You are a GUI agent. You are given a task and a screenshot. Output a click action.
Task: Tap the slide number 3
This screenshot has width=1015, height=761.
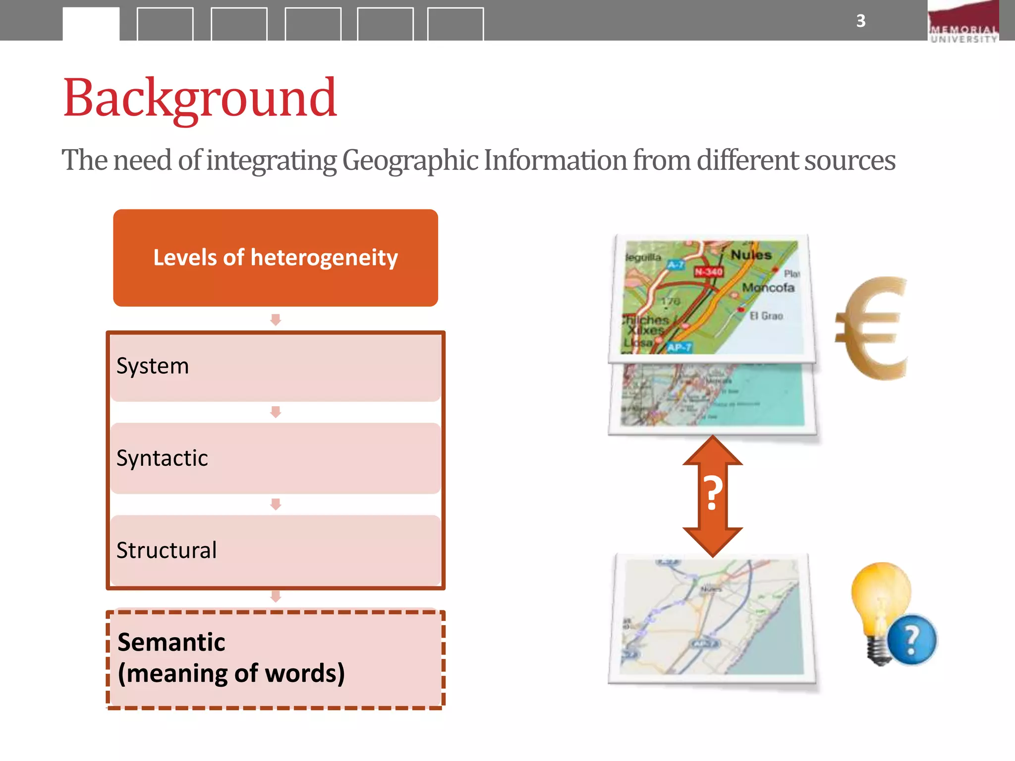pyautogui.click(x=861, y=21)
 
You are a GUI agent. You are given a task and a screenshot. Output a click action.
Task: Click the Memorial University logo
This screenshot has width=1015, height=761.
pyautogui.click(x=963, y=22)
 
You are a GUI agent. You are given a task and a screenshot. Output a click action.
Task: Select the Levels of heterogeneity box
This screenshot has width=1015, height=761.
pyautogui.click(x=276, y=258)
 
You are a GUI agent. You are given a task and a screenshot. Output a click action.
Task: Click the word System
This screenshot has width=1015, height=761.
pyautogui.click(x=153, y=366)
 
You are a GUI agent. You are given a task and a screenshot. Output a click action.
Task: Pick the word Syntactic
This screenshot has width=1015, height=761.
pyautogui.click(x=162, y=458)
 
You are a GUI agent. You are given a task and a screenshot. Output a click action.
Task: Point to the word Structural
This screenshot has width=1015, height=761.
pyautogui.click(x=167, y=550)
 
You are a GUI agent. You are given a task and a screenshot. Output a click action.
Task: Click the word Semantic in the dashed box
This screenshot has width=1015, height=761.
pyautogui.click(x=171, y=642)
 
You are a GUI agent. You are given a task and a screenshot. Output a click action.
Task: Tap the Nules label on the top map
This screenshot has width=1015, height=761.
pyautogui.click(x=751, y=255)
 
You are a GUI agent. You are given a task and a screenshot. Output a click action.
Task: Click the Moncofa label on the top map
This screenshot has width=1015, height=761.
pyautogui.click(x=768, y=287)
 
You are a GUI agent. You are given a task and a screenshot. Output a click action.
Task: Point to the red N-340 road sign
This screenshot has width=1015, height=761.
pyautogui.click(x=708, y=272)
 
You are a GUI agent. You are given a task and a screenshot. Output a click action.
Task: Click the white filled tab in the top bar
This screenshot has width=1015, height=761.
pyautogui.click(x=91, y=24)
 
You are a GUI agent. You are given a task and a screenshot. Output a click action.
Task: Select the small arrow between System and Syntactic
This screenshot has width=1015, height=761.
pyautogui.click(x=276, y=412)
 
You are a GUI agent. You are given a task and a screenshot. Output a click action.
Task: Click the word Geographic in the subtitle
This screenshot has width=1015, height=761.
pyautogui.click(x=410, y=161)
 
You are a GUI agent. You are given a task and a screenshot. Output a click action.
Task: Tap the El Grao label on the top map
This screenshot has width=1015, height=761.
pyautogui.click(x=766, y=316)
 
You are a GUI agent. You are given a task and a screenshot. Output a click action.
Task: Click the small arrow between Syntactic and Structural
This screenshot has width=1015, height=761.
pyautogui.click(x=276, y=504)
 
